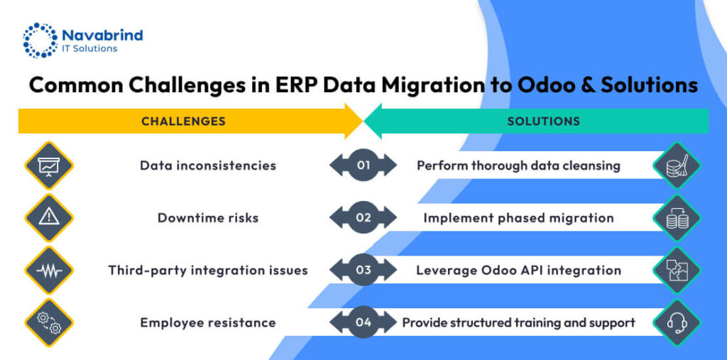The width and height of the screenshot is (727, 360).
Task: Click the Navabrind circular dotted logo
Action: click(x=39, y=40)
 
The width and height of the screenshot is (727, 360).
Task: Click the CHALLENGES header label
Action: click(x=183, y=121)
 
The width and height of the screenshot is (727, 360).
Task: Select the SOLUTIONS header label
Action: click(x=543, y=121)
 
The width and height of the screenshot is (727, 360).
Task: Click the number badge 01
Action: click(x=363, y=165)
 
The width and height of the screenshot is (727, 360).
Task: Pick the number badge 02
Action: click(x=363, y=217)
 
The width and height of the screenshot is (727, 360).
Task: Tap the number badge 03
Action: click(x=363, y=270)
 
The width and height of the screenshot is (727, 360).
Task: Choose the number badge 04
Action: click(x=363, y=322)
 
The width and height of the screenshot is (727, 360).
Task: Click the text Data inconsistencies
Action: click(x=207, y=165)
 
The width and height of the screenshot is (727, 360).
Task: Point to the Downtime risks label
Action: click(x=207, y=217)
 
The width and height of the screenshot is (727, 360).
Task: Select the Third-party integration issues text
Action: click(x=207, y=270)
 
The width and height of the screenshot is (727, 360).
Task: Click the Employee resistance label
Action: click(x=207, y=322)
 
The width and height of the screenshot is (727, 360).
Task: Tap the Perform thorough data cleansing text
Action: click(x=518, y=165)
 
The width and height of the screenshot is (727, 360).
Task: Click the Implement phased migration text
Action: click(x=518, y=217)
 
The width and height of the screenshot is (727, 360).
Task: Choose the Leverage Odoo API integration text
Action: click(x=518, y=270)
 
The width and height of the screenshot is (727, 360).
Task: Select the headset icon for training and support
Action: click(x=677, y=322)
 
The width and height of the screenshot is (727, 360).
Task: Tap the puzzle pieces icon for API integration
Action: click(x=677, y=271)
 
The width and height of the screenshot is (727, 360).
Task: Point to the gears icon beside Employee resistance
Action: click(x=49, y=322)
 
